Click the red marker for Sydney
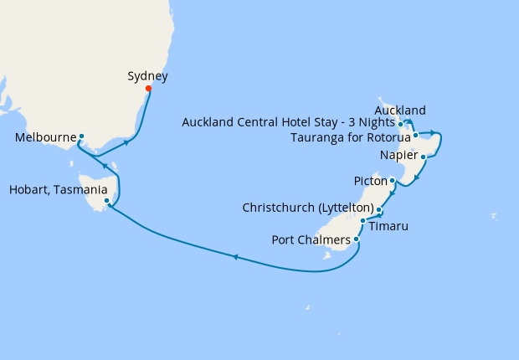(148, 88)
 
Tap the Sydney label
(147, 76)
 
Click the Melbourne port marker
(81, 136)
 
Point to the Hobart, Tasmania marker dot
(106, 201)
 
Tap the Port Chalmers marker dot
(357, 239)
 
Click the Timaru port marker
(362, 221)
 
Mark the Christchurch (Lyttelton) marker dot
(379, 210)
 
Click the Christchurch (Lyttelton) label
(307, 207)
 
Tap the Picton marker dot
(393, 180)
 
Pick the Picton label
(370, 181)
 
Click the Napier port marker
(424, 157)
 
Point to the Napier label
(398, 156)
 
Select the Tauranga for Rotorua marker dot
(415, 135)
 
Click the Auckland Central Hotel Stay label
(288, 123)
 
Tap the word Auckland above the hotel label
(400, 111)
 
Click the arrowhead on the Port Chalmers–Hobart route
(234, 257)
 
